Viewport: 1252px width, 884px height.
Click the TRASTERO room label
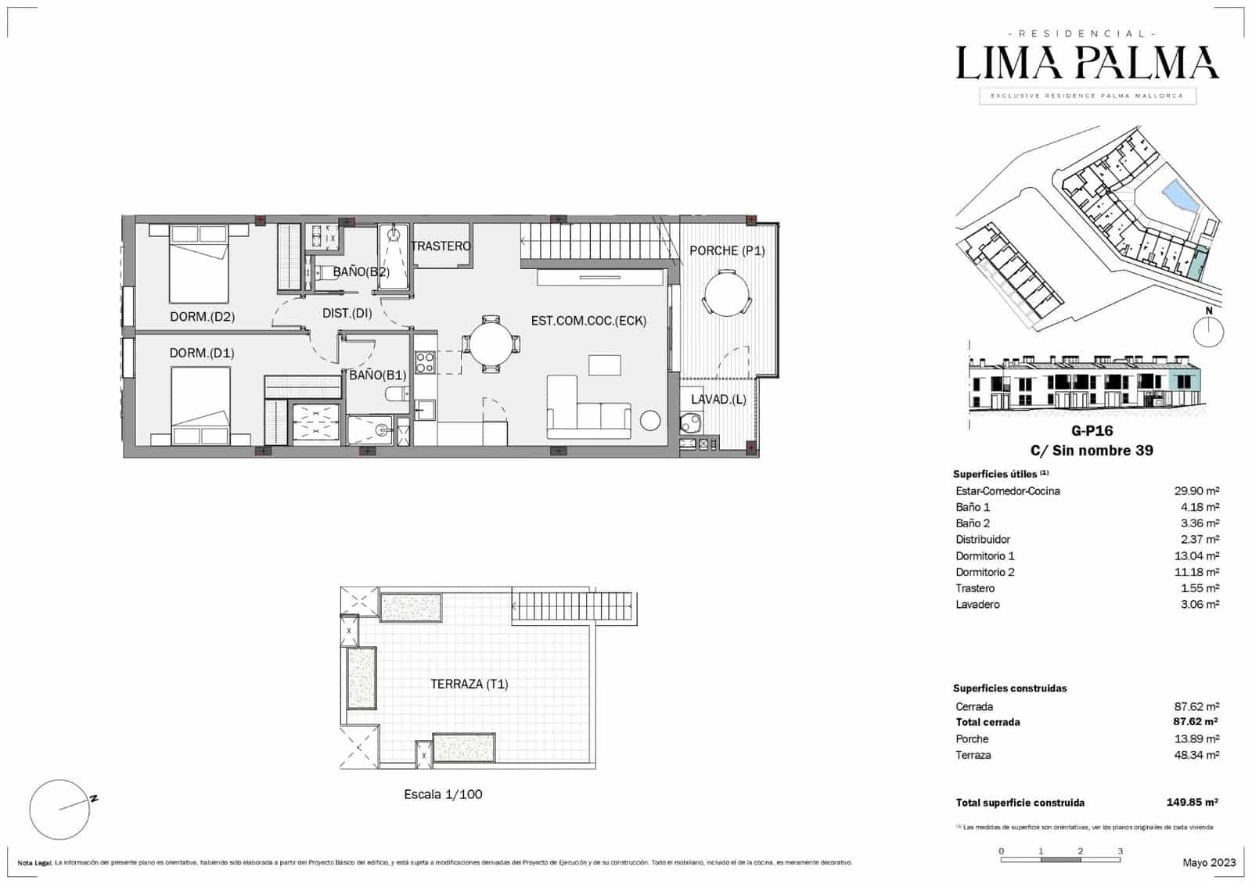click(x=441, y=246)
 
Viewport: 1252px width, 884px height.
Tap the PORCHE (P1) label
click(x=727, y=250)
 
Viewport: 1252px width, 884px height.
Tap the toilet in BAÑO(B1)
click(x=396, y=394)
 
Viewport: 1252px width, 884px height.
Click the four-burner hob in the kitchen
click(x=425, y=362)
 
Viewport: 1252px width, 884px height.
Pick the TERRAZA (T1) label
click(x=469, y=684)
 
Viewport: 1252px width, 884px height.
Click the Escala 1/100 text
click(x=443, y=794)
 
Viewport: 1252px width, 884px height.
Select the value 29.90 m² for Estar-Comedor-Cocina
click(x=1196, y=491)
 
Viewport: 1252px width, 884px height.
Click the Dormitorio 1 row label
click(x=984, y=556)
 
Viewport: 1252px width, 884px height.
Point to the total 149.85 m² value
click(x=1192, y=803)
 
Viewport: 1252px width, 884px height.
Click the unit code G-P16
click(x=1092, y=430)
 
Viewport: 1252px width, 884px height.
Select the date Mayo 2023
click(x=1209, y=862)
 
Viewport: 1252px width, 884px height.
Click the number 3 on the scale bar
click(x=1120, y=851)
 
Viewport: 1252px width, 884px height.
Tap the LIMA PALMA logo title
click(x=1088, y=63)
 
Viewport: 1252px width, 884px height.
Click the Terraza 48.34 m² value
click(x=1196, y=755)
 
